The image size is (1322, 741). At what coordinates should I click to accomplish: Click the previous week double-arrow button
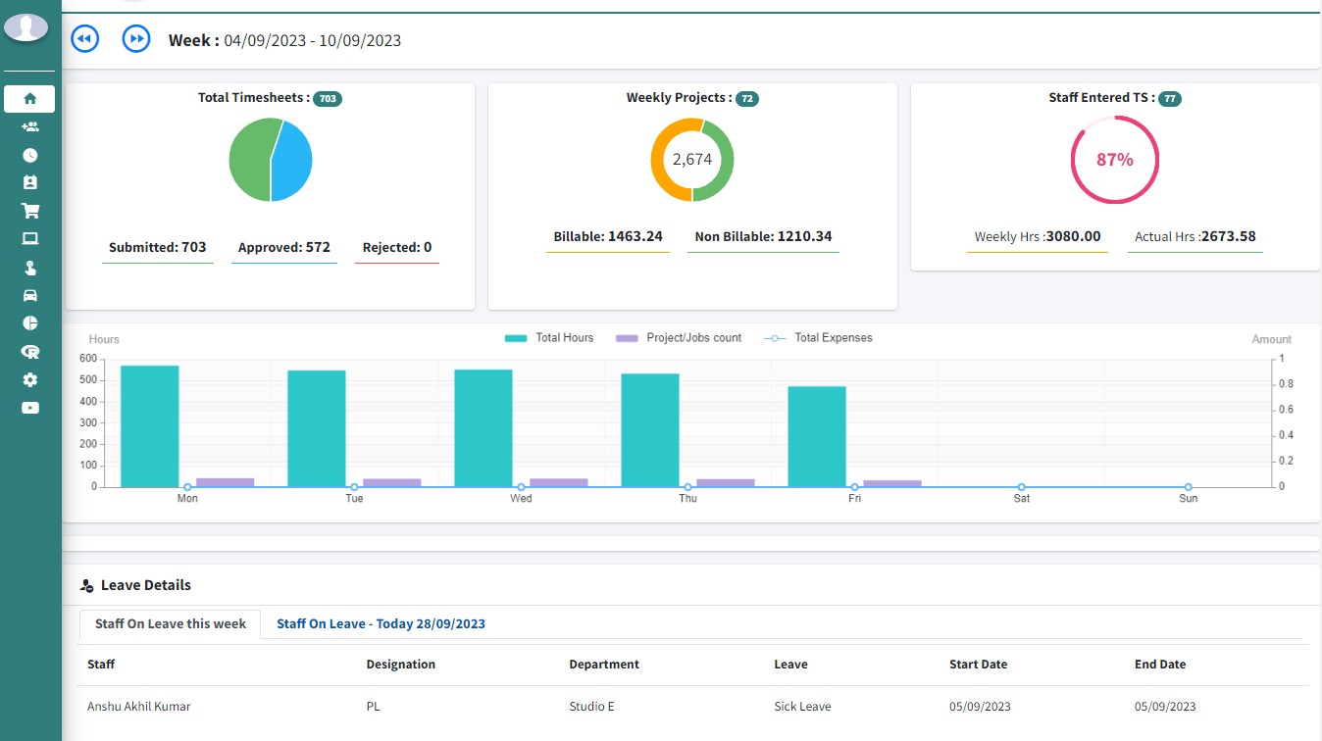[85, 39]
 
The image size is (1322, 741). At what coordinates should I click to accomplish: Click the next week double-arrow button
[136, 39]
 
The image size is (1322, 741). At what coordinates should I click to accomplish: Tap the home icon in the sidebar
[29, 98]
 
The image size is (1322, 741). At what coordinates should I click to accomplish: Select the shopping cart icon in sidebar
[29, 210]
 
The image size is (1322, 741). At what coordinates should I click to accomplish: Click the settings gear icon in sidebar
[29, 379]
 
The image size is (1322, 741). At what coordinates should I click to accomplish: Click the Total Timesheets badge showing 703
[328, 99]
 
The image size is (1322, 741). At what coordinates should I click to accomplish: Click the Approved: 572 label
[284, 247]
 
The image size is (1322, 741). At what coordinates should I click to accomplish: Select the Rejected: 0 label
[397, 247]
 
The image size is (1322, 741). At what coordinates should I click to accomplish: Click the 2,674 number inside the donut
[692, 159]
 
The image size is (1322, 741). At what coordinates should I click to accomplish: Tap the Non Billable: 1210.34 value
[763, 236]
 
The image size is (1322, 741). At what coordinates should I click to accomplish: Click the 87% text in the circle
[1114, 160]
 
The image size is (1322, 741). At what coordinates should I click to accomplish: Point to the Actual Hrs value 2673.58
[1229, 236]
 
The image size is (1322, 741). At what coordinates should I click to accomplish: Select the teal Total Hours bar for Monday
[150, 426]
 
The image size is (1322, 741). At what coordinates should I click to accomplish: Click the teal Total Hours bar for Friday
[817, 436]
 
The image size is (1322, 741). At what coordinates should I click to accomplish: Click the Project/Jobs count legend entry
[679, 338]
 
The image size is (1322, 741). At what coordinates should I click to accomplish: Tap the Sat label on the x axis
[1022, 499]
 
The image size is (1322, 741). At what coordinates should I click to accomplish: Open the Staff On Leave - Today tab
[381, 623]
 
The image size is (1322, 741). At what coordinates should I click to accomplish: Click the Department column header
[604, 665]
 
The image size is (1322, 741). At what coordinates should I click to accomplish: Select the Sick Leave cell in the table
[802, 706]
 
